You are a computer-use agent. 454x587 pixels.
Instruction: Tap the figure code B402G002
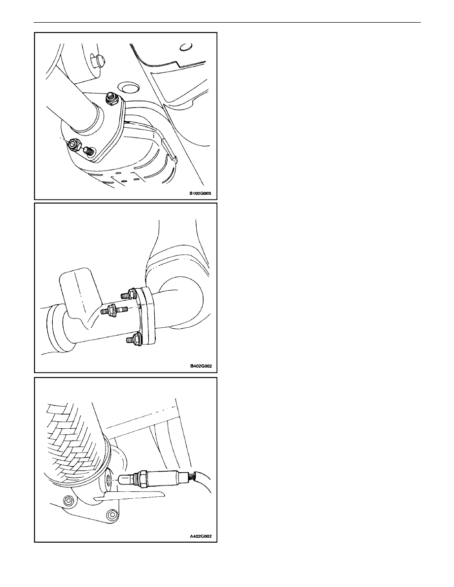coord(201,366)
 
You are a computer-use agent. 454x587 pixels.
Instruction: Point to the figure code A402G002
coord(201,536)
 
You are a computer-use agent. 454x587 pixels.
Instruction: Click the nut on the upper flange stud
coord(111,99)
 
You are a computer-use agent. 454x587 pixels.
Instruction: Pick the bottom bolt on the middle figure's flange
coord(134,340)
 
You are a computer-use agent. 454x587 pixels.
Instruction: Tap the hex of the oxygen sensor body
coord(142,479)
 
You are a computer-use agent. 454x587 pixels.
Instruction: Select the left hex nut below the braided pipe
coord(68,500)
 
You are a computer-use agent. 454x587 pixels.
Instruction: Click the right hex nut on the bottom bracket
coord(111,515)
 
